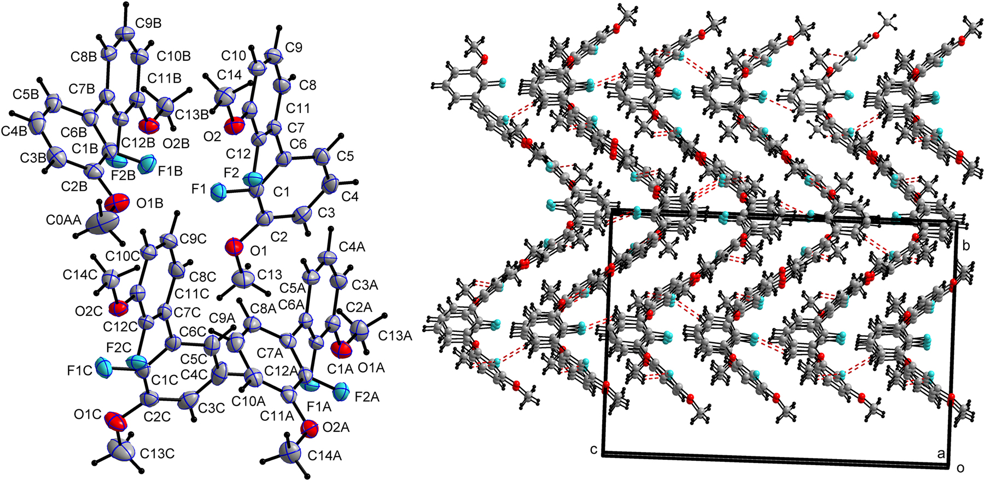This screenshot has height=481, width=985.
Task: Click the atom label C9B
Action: click(149, 24)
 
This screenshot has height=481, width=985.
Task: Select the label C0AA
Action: click(63, 220)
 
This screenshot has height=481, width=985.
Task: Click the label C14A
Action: click(324, 455)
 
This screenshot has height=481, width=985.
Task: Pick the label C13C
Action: click(158, 454)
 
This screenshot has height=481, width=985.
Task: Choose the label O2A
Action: click(336, 427)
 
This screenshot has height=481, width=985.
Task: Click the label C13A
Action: click(395, 336)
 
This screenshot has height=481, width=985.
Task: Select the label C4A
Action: click(352, 247)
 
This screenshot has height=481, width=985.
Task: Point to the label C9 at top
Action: click(293, 48)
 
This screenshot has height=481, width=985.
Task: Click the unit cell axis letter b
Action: click(966, 246)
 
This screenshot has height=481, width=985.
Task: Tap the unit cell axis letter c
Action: click(593, 449)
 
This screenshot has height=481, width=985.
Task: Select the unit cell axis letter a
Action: click(941, 454)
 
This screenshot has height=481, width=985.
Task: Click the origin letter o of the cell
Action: click(960, 468)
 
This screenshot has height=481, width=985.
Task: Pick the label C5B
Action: click(26, 94)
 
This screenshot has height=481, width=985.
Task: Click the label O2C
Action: click(89, 312)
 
